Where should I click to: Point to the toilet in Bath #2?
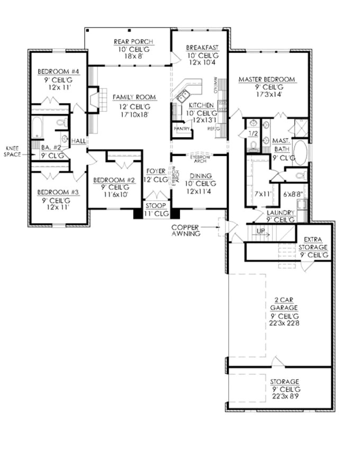point(61,123)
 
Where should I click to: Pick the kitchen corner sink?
point(184,96)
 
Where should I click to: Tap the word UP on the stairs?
point(260,231)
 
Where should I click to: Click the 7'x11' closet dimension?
point(262,194)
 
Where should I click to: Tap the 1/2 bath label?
point(252,134)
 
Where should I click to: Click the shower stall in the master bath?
point(300,127)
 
